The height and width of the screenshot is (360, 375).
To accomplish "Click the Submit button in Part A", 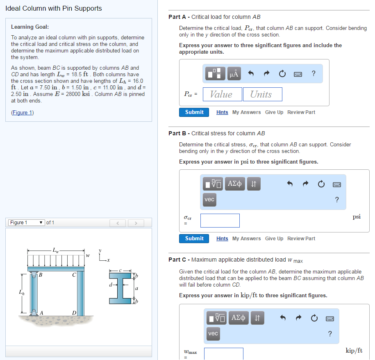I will pyautogui.click(x=194, y=112).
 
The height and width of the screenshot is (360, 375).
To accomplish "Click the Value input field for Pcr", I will pyautogui.click(x=221, y=94).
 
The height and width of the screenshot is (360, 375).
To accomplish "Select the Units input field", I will pyautogui.click(x=262, y=94).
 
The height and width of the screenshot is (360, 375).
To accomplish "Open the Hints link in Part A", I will pyautogui.click(x=222, y=112).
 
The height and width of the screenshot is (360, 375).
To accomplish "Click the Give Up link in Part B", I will pyautogui.click(x=274, y=239).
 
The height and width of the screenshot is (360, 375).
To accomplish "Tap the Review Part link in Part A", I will pyautogui.click(x=301, y=112).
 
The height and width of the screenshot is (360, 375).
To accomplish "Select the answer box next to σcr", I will pyautogui.click(x=220, y=221).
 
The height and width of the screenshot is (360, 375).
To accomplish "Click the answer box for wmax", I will pyautogui.click(x=223, y=354).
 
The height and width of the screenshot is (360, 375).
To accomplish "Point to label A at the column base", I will pyautogui.click(x=41, y=313).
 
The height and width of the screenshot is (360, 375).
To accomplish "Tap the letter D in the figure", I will pyautogui.click(x=74, y=314).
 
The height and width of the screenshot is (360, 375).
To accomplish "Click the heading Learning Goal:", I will pyautogui.click(x=30, y=27).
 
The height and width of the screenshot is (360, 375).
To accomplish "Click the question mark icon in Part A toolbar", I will pyautogui.click(x=314, y=73).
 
